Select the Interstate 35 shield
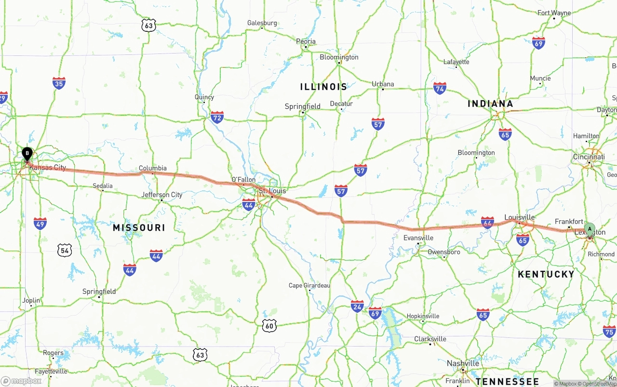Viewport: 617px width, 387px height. pos(59,83)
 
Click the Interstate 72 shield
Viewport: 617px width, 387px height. pos(217,117)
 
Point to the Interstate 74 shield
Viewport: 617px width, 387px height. pos(439,88)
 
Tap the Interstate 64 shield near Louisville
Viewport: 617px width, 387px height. pos(487,222)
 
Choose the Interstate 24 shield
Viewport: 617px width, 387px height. pos(357,306)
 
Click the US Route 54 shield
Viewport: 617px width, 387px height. pos(65,250)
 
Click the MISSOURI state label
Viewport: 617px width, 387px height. pos(139,227)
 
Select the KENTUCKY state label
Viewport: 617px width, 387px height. pos(546,274)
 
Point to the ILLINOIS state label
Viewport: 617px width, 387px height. pos(323,87)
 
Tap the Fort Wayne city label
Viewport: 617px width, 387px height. pos(554,13)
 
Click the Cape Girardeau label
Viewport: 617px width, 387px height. pos(309,285)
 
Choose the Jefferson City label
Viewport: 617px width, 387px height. pos(162,195)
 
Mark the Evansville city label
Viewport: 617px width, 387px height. pos(418,238)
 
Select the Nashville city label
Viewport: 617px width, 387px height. pos(463,363)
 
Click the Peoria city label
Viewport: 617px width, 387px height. pos(306,41)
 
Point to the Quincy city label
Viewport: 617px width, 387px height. pos(204,97)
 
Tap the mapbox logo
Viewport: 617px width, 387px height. pos(21,381)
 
